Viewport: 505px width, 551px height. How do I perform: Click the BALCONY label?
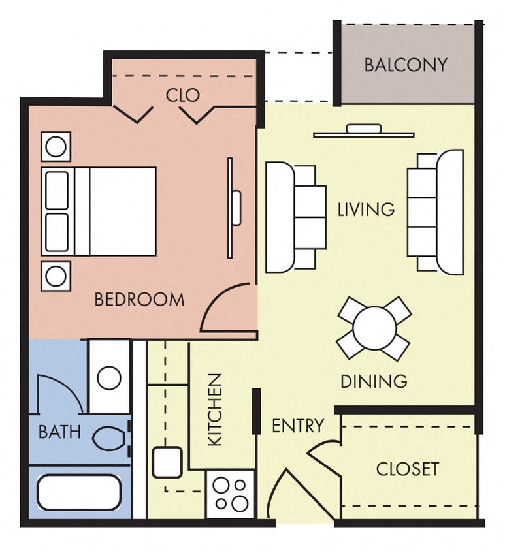pos(406,65)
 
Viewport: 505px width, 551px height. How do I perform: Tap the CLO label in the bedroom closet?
pos(182,95)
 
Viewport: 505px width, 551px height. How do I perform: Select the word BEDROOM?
pos(139,300)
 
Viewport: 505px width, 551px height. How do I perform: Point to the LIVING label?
pos(366,210)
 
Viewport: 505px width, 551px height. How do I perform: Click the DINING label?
pos(374,381)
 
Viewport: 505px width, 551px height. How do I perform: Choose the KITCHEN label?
pos(215,409)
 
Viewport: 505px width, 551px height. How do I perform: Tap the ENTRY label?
pos(297,426)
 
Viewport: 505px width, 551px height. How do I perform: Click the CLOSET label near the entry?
pos(407,469)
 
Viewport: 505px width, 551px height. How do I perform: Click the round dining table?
pos(374,328)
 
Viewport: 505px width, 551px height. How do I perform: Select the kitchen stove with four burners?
pos(231,494)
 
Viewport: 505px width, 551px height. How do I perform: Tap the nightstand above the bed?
pos(56,146)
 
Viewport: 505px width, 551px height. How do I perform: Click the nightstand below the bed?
pos(56,275)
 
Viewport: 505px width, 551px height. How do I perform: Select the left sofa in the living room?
pos(294,217)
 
